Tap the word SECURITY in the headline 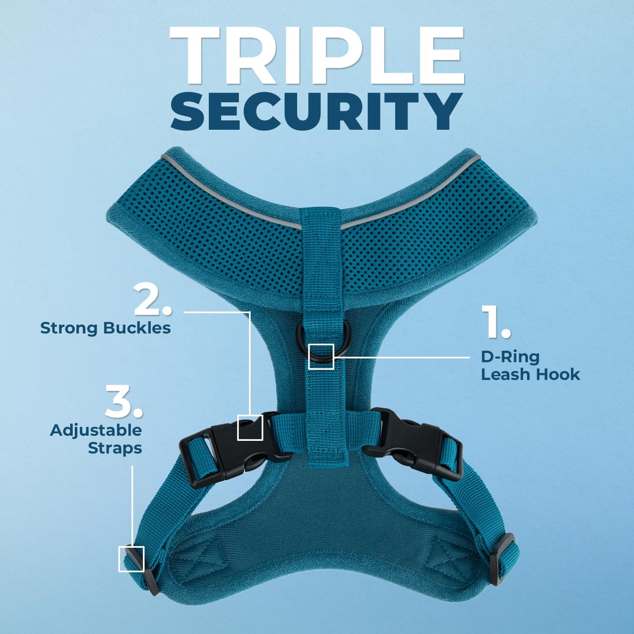317,112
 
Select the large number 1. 496,322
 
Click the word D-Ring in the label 510,357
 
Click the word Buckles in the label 137,328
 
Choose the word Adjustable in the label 96,430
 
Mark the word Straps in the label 115,448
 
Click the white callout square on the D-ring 321,356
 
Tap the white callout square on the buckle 250,427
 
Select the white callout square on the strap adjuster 131,559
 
